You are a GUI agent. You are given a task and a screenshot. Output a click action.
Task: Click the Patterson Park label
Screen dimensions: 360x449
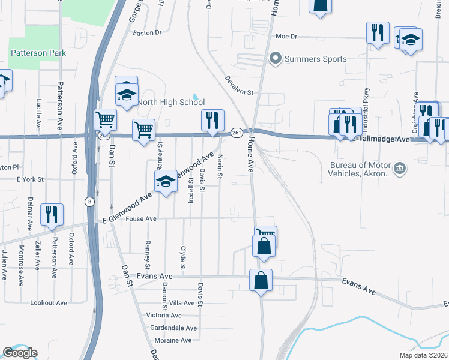[x=38, y=53]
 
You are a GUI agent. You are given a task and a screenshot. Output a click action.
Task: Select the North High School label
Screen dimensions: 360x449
[x=172, y=102]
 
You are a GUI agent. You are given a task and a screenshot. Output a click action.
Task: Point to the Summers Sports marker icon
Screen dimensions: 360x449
[x=276, y=59]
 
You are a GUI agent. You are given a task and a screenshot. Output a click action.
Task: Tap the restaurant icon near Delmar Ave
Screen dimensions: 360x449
[x=51, y=214]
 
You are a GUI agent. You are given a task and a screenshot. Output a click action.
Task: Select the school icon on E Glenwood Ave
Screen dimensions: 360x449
[x=165, y=182]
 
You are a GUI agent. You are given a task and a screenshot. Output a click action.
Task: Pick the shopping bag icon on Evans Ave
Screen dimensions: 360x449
[x=261, y=280]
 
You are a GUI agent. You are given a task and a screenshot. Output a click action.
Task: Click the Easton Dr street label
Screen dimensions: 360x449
[x=148, y=33]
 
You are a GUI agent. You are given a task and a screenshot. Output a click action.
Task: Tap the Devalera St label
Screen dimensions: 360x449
[x=240, y=85]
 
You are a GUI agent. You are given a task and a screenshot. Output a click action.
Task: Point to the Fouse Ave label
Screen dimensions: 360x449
[x=142, y=219]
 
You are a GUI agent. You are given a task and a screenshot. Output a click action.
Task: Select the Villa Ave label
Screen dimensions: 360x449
[x=182, y=303]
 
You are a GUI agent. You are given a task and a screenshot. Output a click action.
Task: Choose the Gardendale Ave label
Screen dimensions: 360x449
[x=174, y=328]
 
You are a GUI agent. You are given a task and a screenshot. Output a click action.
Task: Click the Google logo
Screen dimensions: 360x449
[x=20, y=353]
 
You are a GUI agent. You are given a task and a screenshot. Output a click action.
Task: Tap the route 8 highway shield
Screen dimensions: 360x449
[x=89, y=200]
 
